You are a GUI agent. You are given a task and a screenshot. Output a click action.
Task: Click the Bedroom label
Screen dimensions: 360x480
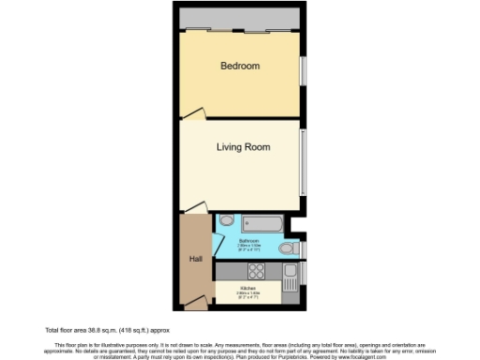pos(240,66)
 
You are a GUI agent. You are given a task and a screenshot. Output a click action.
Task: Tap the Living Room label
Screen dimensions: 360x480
pos(243,147)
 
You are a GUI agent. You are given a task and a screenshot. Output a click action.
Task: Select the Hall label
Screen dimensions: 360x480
pos(195,259)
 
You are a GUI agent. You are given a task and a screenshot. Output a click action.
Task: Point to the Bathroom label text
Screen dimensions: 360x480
pos(248,242)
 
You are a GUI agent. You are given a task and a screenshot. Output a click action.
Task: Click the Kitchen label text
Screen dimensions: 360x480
pos(248,288)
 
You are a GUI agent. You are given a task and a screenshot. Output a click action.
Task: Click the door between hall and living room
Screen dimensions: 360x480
pos(193,208)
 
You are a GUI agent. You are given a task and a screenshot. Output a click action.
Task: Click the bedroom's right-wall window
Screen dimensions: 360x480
pos(302,70)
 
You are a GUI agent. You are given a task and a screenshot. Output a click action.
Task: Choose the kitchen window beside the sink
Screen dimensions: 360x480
pos(302,273)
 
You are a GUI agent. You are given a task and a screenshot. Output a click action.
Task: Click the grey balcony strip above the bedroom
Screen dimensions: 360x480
pos(241,19)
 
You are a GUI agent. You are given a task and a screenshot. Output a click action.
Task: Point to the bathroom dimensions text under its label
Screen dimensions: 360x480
pos(248,248)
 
